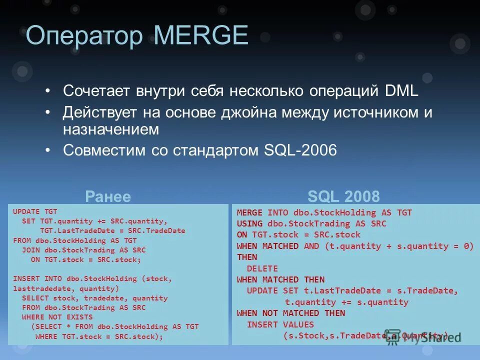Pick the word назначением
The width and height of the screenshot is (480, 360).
pyautogui.click(x=111, y=129)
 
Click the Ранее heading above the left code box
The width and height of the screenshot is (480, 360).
pyautogui.click(x=108, y=196)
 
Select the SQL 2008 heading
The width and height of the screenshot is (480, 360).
pyautogui.click(x=343, y=196)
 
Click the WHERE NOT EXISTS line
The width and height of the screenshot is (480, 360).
pyautogui.click(x=57, y=317)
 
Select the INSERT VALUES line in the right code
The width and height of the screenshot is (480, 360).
pyautogui.click(x=280, y=324)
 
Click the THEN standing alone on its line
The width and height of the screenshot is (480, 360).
pyautogui.click(x=247, y=257)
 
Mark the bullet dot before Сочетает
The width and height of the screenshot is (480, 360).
pyautogui.click(x=47, y=92)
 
